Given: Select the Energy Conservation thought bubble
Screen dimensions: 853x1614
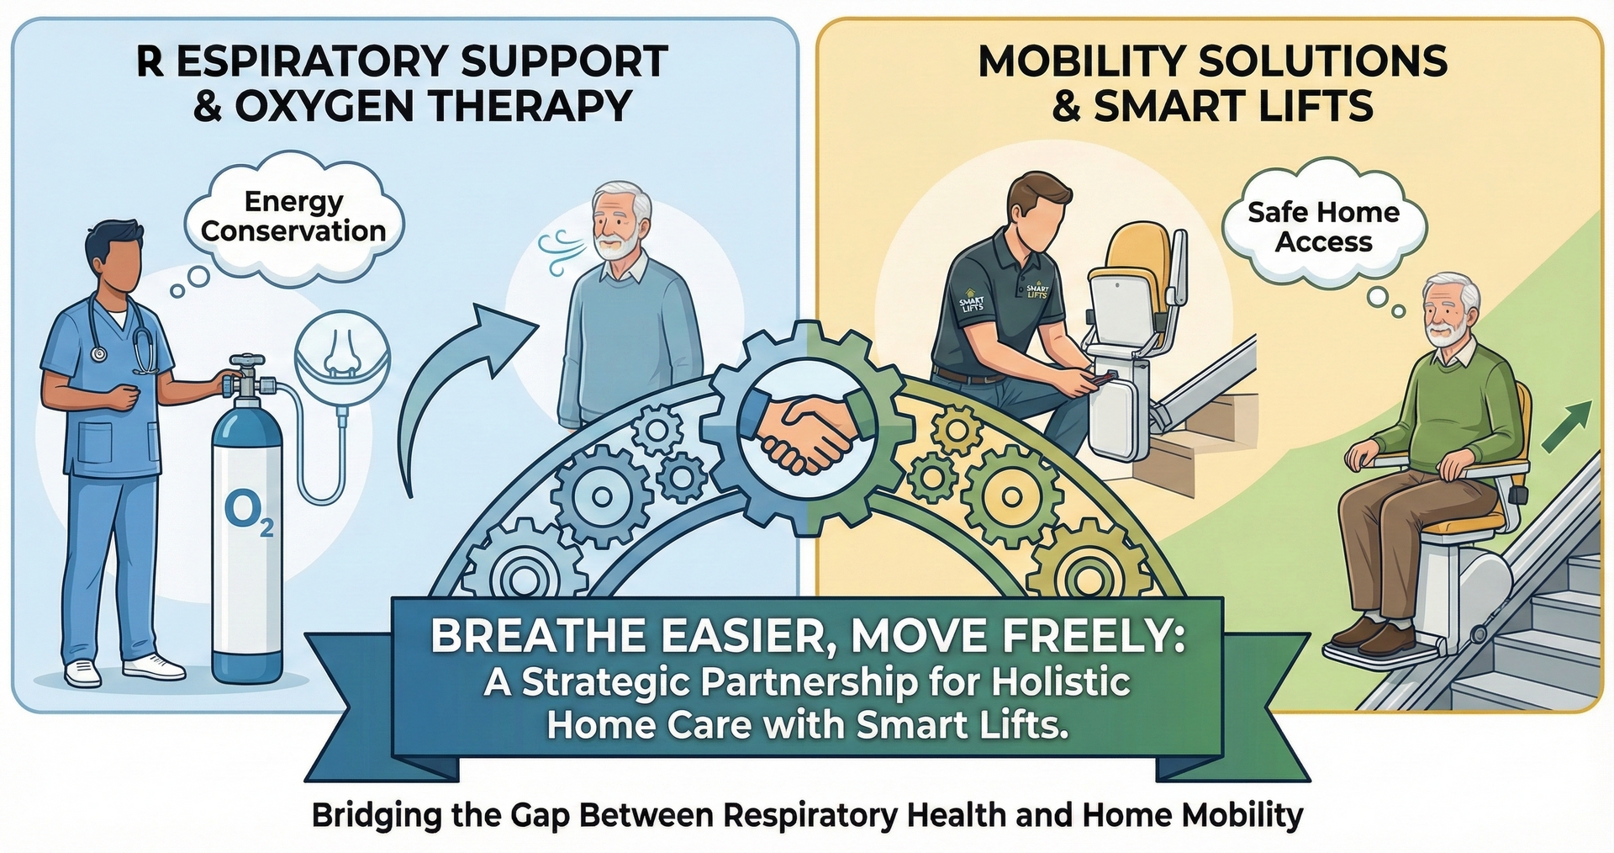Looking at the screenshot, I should point(293,216).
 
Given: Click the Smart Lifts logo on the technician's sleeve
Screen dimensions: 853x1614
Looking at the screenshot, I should point(971,304).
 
